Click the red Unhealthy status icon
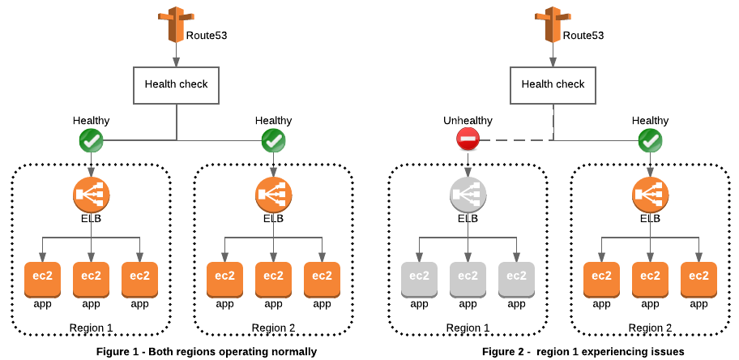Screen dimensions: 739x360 [468, 140]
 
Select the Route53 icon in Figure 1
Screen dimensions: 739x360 [176, 25]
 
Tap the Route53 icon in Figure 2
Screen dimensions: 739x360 [553, 25]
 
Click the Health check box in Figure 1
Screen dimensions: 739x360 [177, 85]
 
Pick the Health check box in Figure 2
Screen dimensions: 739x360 [553, 85]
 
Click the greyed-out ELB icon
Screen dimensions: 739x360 [468, 195]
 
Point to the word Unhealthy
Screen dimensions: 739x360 [468, 121]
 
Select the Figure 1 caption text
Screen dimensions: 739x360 [207, 352]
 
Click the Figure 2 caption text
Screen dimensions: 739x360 [583, 352]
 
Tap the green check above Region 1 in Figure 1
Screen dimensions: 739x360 [91, 140]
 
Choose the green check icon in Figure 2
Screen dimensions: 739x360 [651, 140]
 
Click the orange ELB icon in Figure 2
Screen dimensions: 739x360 [651, 195]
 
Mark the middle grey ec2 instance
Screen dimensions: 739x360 [468, 280]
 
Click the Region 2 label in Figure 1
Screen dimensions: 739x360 [273, 328]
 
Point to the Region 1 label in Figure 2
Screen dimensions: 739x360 [468, 328]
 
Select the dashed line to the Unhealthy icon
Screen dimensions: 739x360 [516, 140]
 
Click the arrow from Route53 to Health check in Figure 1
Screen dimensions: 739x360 [177, 55]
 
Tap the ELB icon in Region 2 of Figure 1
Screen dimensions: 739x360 [274, 195]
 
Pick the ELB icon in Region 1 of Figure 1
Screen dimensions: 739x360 [92, 195]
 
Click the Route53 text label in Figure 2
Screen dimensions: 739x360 [583, 36]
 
